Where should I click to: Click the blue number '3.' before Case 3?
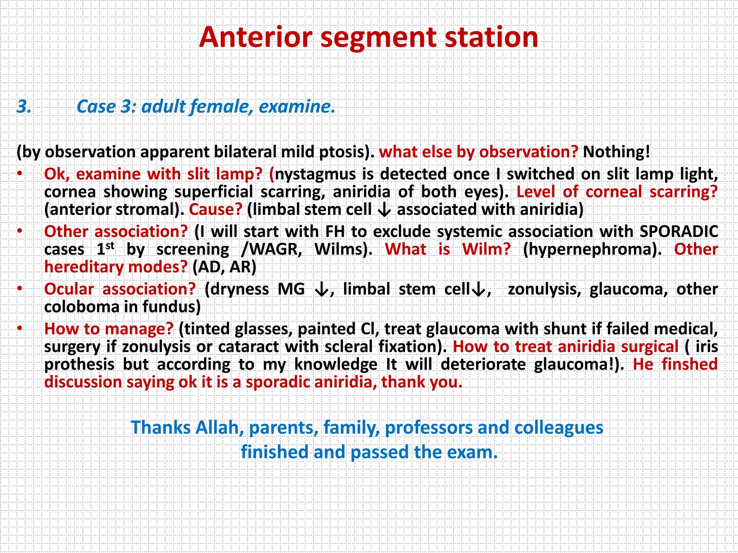tap(24, 107)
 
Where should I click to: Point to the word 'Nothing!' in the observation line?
tap(617, 152)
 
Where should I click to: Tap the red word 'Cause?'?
tap(215, 210)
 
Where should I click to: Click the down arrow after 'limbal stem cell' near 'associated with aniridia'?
tap(384, 210)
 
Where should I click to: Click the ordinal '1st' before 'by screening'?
tap(106, 249)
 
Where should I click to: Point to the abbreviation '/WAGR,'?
tap(271, 249)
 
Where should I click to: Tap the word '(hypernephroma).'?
tap(592, 249)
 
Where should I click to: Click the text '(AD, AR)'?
tap(224, 267)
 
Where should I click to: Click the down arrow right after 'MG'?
tap(321, 289)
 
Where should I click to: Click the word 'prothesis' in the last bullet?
tap(79, 364)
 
